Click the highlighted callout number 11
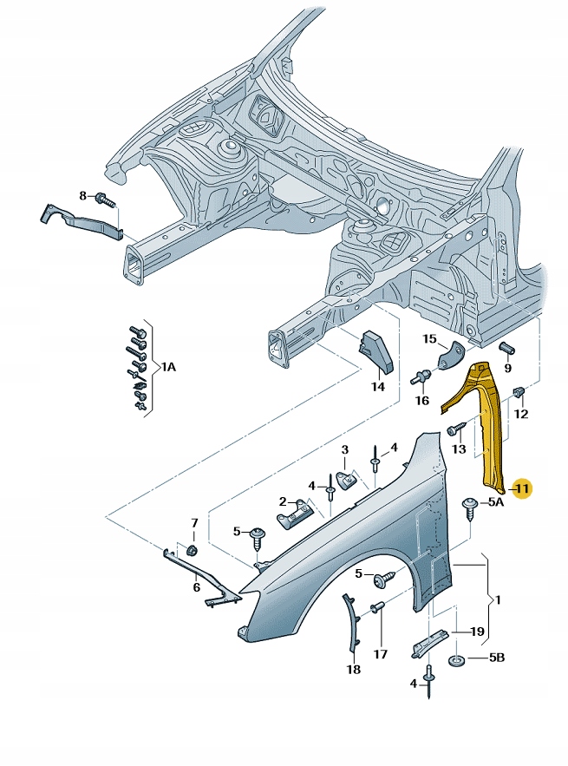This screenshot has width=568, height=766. (522, 490)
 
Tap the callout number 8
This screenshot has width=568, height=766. (83, 196)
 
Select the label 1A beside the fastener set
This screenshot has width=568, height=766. (167, 368)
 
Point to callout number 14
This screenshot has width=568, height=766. (377, 387)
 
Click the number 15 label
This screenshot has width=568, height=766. (429, 338)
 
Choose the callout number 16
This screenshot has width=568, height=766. (422, 400)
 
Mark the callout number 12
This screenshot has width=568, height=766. (520, 415)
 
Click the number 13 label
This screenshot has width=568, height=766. (460, 448)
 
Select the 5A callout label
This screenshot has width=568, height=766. (495, 502)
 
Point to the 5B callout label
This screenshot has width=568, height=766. (495, 658)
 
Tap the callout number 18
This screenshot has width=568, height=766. (353, 670)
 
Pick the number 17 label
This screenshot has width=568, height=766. (380, 654)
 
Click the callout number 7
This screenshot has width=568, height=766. (194, 522)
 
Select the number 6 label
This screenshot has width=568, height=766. (197, 587)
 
